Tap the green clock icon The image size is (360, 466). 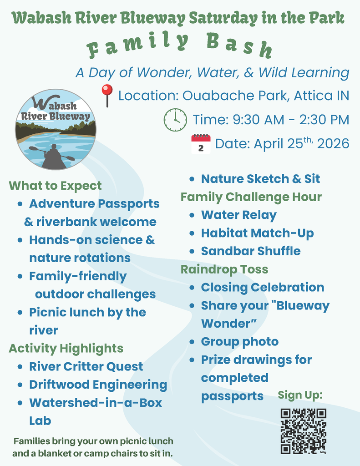coord(175,120)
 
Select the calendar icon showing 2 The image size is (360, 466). coord(201,144)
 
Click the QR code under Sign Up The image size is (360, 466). coord(303,431)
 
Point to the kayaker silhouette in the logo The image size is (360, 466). coord(53,156)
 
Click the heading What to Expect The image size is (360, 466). coord(55,186)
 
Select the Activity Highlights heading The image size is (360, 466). coord(66,348)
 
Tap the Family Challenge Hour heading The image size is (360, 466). coord(251,197)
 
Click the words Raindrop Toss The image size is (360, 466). coord(224,269)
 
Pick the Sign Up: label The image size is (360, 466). coord(300,395)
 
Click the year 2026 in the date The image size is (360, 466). coord(333,143)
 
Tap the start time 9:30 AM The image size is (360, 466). coord(259,120)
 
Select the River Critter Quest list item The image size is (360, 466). coord(86,366)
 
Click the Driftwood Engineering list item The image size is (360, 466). coord(98,385)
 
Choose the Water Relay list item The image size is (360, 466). coord(239,215)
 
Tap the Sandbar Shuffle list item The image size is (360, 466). coord(251,251)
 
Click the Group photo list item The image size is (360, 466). coord(239,342)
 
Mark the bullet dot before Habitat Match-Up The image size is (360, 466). coord(192,233)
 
